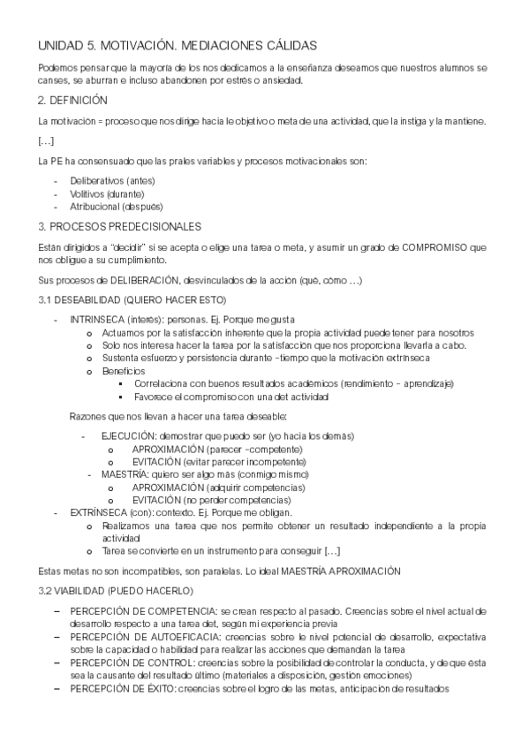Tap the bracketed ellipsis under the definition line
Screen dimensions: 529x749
[46, 140]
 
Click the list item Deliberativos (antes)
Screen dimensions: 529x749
[105, 180]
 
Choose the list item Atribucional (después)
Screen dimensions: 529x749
[111, 207]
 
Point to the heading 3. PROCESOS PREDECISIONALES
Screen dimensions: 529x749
[120, 226]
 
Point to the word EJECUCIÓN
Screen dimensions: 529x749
[129, 436]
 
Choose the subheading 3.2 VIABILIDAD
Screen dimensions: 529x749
[91, 589]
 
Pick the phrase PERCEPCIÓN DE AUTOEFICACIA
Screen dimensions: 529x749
[145, 636]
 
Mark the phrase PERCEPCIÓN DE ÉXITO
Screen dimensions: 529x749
[123, 688]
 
